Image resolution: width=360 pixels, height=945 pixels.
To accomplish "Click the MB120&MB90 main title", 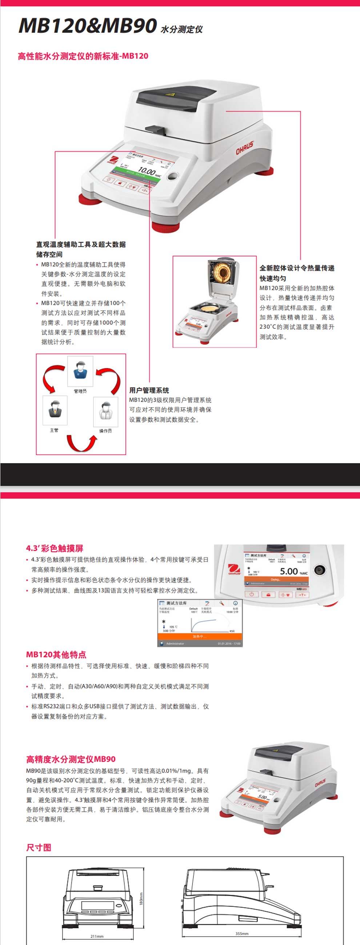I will click(88, 26).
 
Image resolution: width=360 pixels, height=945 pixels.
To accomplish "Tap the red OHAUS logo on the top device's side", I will click(244, 148).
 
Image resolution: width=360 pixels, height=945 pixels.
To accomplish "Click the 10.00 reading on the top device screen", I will click(147, 171).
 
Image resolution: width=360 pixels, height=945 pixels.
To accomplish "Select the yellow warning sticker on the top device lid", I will click(169, 95).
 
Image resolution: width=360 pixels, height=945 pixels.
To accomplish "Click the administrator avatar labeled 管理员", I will click(80, 371).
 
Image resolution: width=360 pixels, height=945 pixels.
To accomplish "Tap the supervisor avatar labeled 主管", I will click(55, 410).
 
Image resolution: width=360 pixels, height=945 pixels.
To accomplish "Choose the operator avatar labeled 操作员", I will click(106, 411).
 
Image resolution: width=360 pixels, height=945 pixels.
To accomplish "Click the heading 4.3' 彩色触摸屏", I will click(55, 548).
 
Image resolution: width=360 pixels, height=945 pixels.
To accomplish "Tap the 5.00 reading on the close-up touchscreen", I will click(289, 571).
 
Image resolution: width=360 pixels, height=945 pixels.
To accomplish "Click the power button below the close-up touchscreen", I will click(251, 594).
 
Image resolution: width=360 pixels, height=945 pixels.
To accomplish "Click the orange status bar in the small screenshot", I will click(200, 636).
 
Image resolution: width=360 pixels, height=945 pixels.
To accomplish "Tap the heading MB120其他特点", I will click(56, 654).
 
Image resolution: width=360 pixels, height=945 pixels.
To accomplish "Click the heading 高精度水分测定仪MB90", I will click(71, 759).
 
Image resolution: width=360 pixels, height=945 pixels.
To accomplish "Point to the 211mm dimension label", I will click(97, 936).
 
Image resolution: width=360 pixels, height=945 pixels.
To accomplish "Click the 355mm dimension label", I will click(242, 934).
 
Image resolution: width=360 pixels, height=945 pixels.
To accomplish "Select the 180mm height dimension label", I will click(141, 898).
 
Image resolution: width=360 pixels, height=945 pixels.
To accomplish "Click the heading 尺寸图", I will click(39, 848).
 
